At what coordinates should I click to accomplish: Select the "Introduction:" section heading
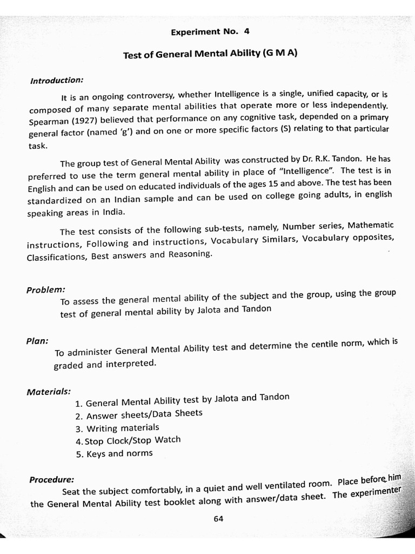pos(56,81)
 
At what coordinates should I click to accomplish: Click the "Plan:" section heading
pos(37,341)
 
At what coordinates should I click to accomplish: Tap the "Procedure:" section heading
pos(52,479)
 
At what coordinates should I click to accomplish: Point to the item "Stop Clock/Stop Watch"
pos(128,441)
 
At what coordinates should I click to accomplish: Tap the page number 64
pos(218,518)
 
